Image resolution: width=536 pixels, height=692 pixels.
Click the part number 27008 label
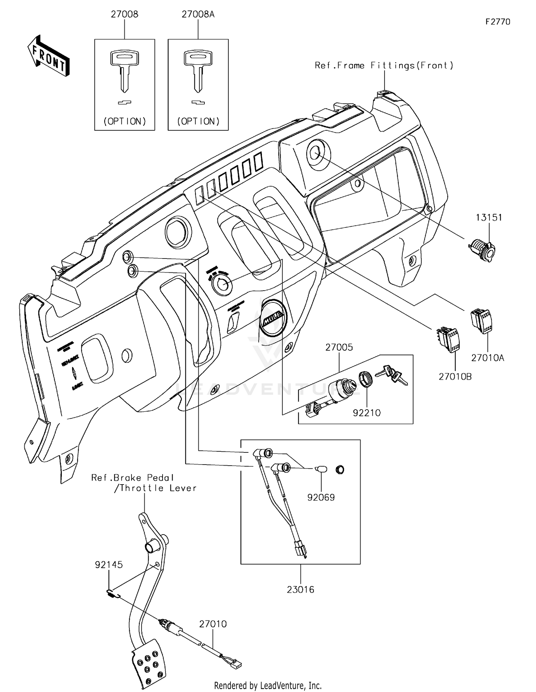124,14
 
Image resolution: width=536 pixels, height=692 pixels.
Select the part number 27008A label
198,14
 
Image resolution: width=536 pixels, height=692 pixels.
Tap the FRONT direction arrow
49,56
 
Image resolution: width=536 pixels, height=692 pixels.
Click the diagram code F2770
498,22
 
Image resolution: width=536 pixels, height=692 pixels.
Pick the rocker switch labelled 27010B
448,339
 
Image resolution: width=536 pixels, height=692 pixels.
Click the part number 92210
367,413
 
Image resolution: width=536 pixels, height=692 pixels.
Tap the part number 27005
339,347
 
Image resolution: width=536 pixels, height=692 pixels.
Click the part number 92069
321,497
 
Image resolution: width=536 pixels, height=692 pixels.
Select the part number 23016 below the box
301,590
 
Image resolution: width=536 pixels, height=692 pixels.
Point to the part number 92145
109,565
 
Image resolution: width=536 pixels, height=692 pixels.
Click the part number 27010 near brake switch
213,624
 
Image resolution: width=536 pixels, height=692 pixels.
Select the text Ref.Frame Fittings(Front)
384,65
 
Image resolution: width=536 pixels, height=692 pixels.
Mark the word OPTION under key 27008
125,121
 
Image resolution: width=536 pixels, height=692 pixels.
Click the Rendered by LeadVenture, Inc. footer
268,686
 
